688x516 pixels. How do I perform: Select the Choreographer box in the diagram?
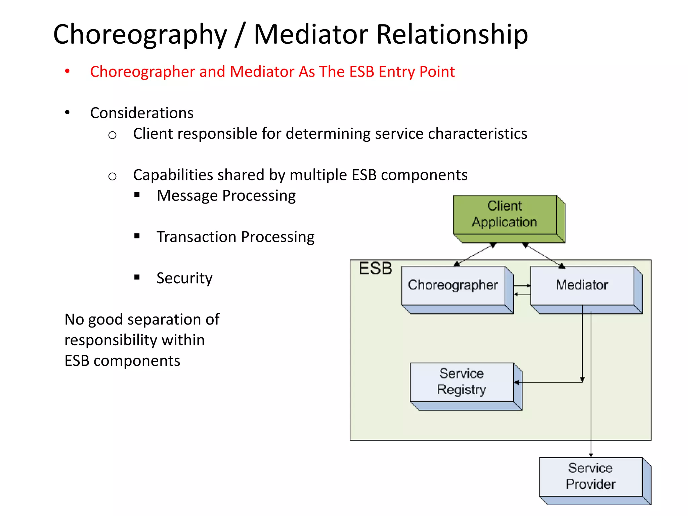coord(453,285)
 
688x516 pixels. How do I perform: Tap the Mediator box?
coord(582,285)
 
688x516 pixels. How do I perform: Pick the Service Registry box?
coord(462,382)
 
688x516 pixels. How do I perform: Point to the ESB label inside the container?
coord(375,268)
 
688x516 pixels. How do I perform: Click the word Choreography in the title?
coord(140,35)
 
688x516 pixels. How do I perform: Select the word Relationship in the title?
coord(452,35)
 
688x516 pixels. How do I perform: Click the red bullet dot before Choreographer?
coord(67,71)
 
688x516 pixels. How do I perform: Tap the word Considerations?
coord(142,113)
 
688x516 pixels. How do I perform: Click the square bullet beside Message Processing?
coord(137,195)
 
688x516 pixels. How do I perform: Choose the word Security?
coord(184,278)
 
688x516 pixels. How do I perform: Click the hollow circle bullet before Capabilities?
coord(112,176)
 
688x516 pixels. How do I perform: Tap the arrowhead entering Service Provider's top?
coord(591,455)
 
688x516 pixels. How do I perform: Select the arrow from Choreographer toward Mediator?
coord(523,286)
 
